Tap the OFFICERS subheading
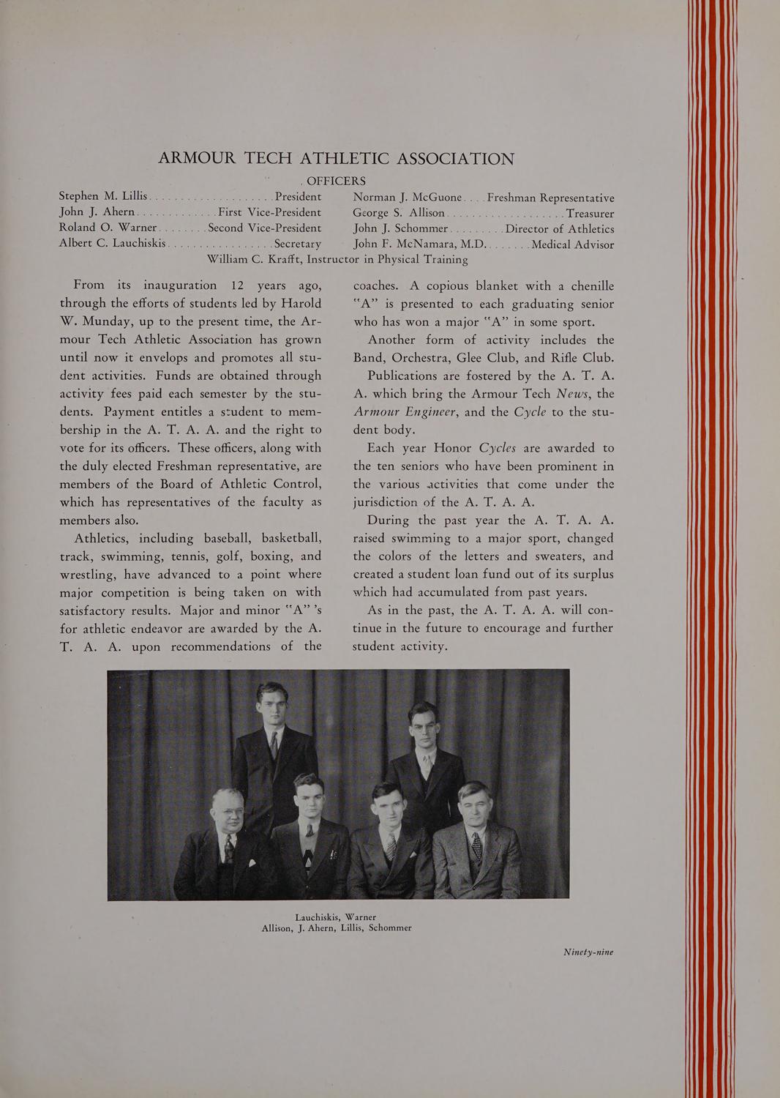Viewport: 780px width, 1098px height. [337, 180]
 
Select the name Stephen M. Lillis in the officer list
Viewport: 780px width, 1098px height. [103, 196]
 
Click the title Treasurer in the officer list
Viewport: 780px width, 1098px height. [585, 213]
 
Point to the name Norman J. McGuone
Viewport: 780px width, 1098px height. [407, 197]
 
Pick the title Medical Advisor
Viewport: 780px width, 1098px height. [573, 244]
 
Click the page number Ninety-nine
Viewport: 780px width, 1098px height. [588, 952]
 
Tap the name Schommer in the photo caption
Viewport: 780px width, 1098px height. [390, 927]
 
